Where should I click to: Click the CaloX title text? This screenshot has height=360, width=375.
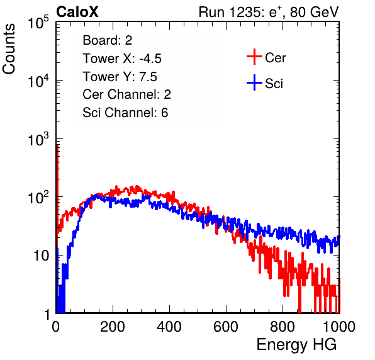[x=77, y=12]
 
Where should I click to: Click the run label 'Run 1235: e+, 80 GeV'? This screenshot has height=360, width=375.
[x=269, y=12]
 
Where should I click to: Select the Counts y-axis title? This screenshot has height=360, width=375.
[x=9, y=49]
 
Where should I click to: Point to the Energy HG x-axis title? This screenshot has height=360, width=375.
[x=296, y=344]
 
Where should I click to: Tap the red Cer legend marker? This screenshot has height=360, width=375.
[x=254, y=57]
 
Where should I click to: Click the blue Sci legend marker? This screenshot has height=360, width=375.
[x=254, y=83]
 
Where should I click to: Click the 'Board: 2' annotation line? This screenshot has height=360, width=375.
[x=108, y=40]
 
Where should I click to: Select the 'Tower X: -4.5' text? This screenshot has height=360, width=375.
[x=122, y=59]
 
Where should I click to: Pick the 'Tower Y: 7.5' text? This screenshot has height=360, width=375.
[x=120, y=77]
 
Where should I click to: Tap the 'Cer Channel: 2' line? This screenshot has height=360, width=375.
[x=126, y=94]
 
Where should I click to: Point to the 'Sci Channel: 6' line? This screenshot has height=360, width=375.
[x=125, y=113]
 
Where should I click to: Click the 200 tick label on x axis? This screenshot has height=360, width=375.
[x=113, y=327]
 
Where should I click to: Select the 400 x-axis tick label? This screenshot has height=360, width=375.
[x=169, y=327]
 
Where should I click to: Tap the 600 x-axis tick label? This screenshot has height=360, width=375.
[x=226, y=327]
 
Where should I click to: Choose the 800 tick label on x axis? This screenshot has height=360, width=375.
[x=283, y=327]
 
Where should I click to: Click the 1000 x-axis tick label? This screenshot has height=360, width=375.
[x=339, y=327]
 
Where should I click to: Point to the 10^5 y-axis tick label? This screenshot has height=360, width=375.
[x=38, y=22]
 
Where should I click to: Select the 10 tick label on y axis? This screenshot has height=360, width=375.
[x=42, y=256]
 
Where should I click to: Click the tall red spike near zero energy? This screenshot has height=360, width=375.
[x=57, y=186]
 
